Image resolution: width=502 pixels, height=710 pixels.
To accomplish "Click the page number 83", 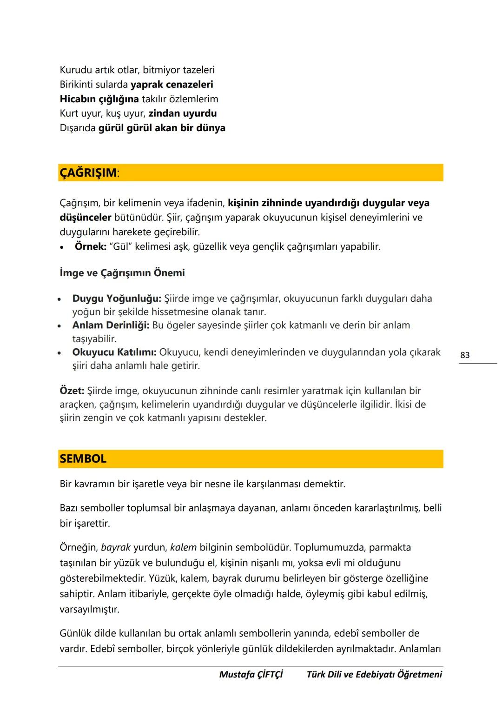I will pyautogui.click(x=465, y=355).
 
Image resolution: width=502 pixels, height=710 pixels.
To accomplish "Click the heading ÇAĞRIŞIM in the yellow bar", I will pyautogui.click(x=88, y=173).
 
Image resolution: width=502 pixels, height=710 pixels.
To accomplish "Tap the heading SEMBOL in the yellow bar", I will pyautogui.click(x=83, y=458).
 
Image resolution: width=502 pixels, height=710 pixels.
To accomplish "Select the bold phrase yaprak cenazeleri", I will pyautogui.click(x=172, y=85).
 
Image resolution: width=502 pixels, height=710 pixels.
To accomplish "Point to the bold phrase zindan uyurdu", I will pyautogui.click(x=182, y=113).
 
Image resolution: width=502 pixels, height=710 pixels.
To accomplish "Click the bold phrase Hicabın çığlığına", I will pyautogui.click(x=99, y=99).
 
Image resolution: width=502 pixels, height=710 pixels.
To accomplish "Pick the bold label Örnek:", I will pyautogui.click(x=91, y=246).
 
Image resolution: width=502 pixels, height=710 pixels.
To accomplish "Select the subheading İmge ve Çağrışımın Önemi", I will pyautogui.click(x=122, y=273).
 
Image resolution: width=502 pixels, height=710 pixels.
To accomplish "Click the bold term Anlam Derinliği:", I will pyautogui.click(x=111, y=325).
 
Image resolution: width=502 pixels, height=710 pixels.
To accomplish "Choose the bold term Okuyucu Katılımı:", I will pyautogui.click(x=114, y=352).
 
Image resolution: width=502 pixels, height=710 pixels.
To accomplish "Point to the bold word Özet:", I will pyautogui.click(x=72, y=391).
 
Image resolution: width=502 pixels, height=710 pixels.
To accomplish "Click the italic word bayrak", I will pyautogui.click(x=116, y=548).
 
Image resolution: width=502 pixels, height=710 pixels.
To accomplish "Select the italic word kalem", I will pyautogui.click(x=183, y=548).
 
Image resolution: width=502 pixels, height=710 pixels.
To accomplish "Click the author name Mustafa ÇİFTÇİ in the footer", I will pyautogui.click(x=251, y=674).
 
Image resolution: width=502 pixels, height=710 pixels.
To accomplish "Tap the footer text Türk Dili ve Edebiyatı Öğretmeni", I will pyautogui.click(x=374, y=674).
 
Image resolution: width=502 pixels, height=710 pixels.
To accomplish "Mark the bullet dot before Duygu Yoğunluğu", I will pyautogui.click(x=59, y=299).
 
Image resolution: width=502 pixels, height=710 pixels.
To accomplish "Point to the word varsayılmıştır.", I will pyautogui.click(x=89, y=609).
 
